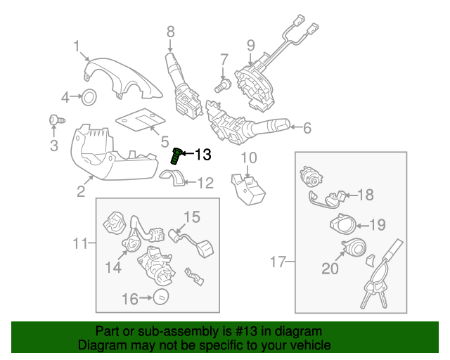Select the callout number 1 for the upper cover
76,47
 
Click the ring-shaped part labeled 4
90,97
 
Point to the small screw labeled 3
53,122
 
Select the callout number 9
250,46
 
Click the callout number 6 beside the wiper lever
307,128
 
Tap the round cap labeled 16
161,297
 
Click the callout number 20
330,268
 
